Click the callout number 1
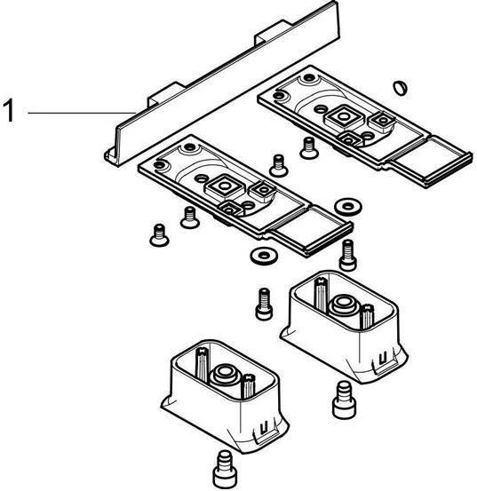pos(11,113)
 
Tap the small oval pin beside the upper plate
pos(399,87)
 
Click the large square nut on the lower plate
pos(223,188)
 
